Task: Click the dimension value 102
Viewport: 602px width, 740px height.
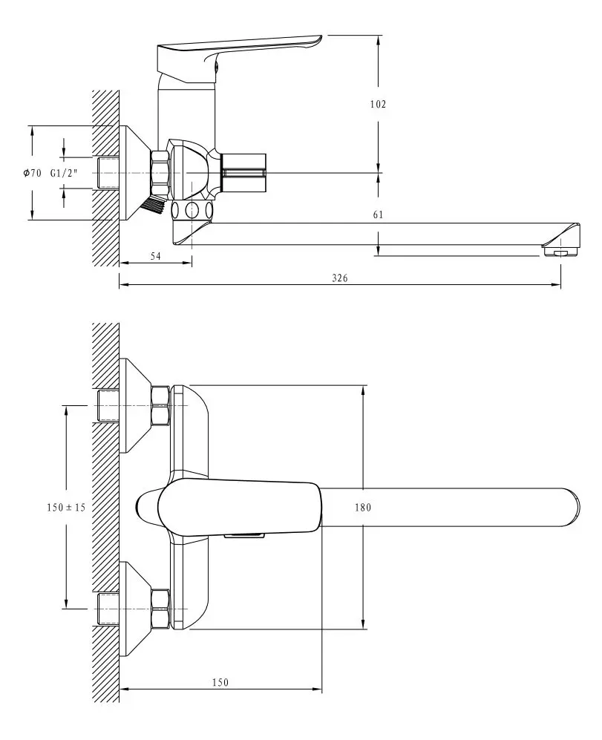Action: click(x=378, y=105)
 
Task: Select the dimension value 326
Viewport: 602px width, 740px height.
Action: click(x=340, y=278)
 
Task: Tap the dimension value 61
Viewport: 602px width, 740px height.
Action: click(x=378, y=215)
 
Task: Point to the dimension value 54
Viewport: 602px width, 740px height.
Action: click(x=156, y=255)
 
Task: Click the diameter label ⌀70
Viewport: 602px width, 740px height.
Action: click(x=32, y=173)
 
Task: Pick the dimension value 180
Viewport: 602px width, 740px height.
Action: click(x=363, y=507)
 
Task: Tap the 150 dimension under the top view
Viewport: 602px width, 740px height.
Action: click(x=220, y=682)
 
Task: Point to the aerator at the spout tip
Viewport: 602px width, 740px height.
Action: click(x=560, y=253)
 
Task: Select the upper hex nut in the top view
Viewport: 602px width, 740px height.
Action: click(x=161, y=405)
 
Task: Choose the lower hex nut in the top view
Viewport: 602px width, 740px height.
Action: click(x=161, y=609)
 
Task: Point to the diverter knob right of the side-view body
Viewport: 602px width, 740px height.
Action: click(x=245, y=173)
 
